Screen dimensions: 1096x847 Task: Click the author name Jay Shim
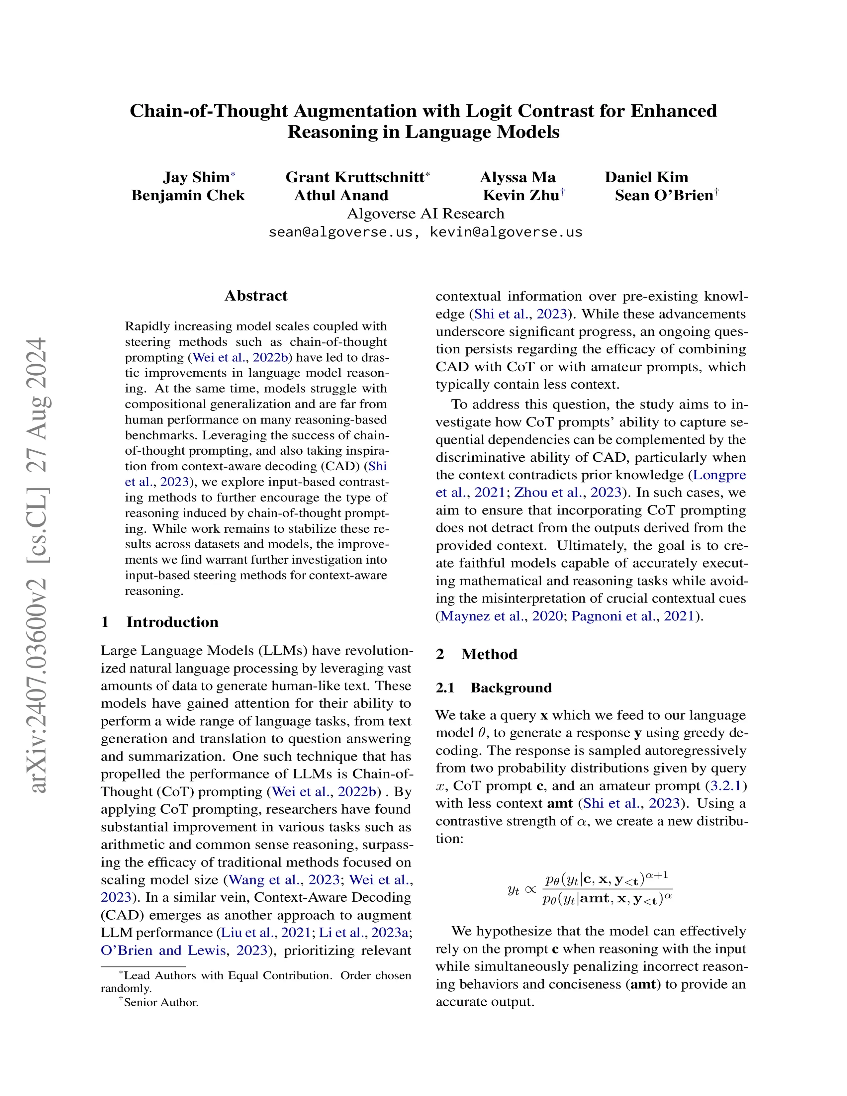196,177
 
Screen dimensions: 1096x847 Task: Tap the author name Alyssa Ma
517,177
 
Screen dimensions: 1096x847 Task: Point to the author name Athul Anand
341,195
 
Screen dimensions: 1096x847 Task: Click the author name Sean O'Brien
664,195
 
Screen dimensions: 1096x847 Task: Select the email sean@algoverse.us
340,232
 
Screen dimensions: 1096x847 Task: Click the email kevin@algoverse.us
506,232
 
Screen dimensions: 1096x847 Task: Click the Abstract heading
256,296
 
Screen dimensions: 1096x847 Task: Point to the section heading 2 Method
476,654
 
